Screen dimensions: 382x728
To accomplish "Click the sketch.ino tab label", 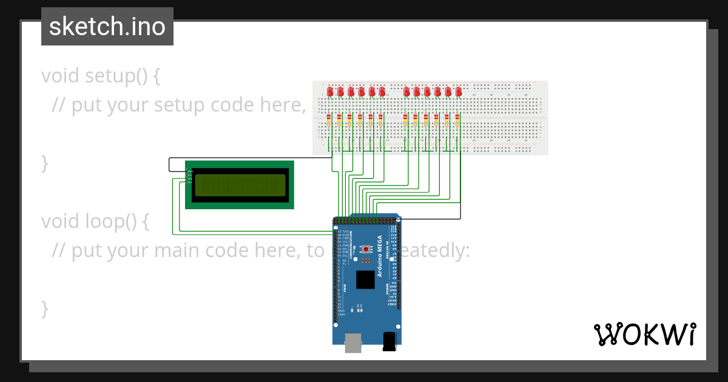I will [107, 27].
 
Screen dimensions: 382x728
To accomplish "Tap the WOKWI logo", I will [644, 334].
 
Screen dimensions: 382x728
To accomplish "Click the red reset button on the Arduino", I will [366, 249].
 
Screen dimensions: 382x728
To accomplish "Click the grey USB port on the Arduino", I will [353, 343].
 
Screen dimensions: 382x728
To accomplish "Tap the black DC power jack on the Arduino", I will [389, 341].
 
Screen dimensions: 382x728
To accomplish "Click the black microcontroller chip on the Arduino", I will [365, 280].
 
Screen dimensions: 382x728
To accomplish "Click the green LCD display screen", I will [240, 186].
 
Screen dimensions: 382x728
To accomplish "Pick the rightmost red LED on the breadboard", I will [459, 92].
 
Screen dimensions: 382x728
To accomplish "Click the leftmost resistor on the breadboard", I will [329, 120].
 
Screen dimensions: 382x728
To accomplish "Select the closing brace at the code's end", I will [44, 308].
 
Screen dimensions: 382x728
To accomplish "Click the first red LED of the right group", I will [407, 92].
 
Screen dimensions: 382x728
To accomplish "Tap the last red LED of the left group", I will [382, 92].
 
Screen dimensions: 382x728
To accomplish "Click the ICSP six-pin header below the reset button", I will [366, 261].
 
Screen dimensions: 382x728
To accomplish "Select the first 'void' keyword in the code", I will [61, 76].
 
